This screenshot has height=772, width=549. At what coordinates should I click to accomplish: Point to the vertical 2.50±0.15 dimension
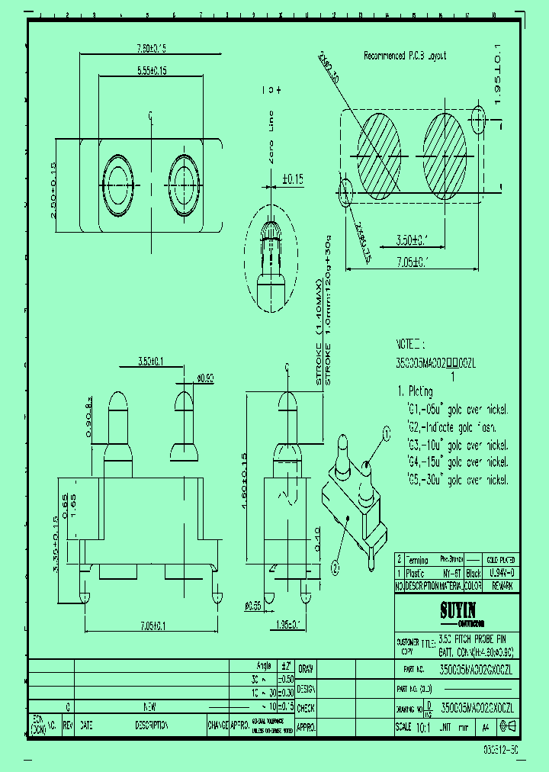53,189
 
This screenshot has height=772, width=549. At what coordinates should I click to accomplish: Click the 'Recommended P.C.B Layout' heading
405,56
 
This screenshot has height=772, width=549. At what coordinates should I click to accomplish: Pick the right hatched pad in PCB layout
445,151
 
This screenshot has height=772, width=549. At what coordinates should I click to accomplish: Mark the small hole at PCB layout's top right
479,119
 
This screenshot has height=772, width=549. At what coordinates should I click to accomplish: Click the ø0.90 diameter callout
204,377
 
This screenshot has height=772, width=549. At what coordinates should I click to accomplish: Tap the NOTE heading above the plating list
415,344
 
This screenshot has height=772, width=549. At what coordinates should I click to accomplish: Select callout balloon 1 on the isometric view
386,435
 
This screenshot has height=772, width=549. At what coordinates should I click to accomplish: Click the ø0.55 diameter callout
252,606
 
